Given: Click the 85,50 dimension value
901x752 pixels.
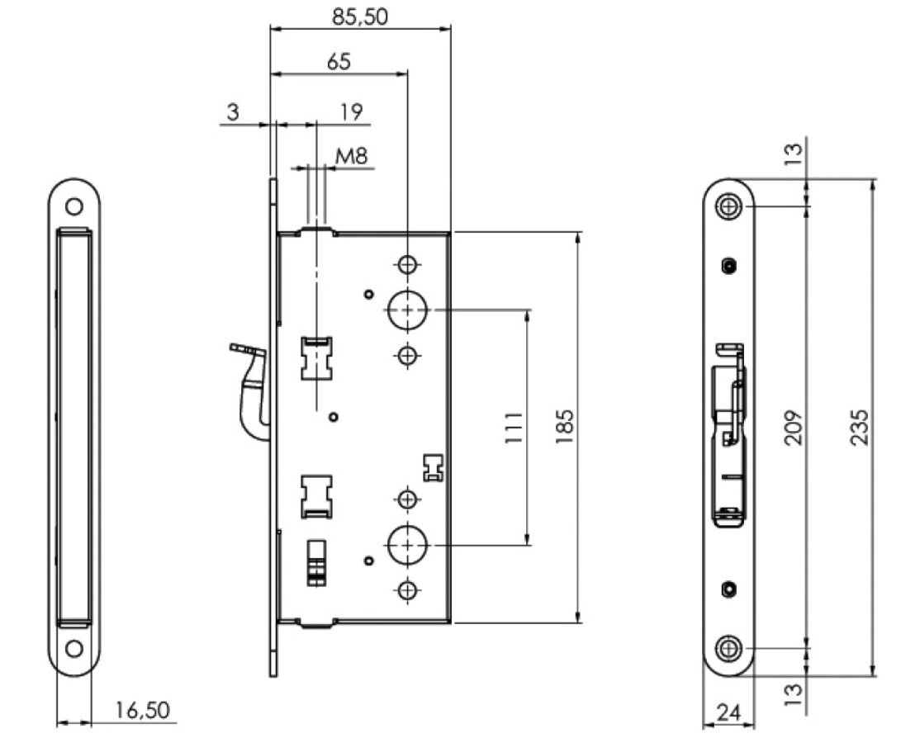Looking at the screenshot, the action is (360, 17).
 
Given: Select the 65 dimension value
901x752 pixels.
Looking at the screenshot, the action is (339, 61).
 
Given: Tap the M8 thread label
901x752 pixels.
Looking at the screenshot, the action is (351, 156).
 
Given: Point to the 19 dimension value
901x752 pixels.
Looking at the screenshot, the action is (352, 111).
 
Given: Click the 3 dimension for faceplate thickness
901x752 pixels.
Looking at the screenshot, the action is (233, 111).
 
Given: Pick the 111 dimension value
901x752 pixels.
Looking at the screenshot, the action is (514, 427).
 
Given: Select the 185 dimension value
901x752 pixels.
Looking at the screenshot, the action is (565, 426).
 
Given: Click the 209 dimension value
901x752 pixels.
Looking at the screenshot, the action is (793, 427).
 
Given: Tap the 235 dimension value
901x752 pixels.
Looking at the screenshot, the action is (859, 427).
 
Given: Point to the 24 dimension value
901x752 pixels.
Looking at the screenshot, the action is (728, 712).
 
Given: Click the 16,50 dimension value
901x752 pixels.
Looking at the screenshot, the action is (143, 710).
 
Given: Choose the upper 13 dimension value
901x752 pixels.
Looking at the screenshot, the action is (793, 154).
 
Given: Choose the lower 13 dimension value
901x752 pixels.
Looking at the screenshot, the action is (793, 694).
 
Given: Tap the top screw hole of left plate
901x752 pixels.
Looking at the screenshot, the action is (74, 206).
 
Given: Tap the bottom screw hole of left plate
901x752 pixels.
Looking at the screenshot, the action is (74, 649).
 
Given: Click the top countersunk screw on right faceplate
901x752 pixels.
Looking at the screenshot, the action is (728, 206).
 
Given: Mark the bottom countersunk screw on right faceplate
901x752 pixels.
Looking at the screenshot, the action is (728, 649).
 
